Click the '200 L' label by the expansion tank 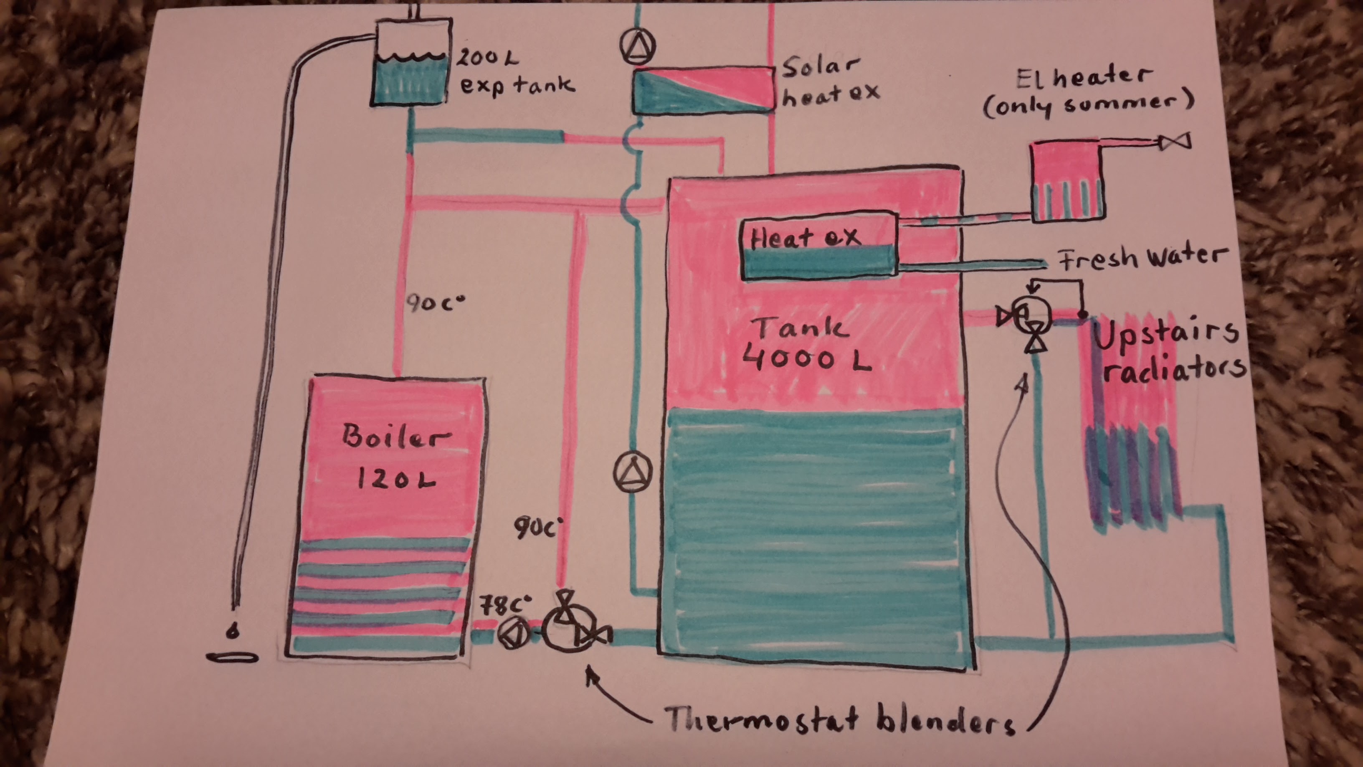point(487,57)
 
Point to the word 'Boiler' point(396,436)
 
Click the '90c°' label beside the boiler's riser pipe point(435,303)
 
